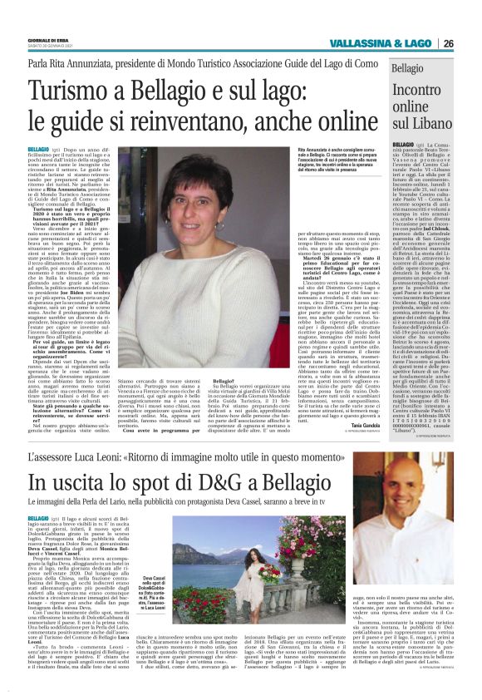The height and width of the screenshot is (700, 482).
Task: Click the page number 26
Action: (470, 43)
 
